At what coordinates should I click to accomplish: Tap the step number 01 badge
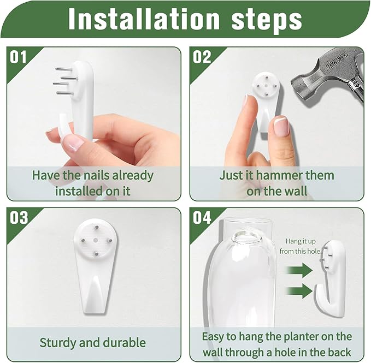tap(19, 57)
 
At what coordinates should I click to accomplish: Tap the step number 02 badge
tap(202, 57)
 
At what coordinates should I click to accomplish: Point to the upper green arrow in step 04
tap(299, 270)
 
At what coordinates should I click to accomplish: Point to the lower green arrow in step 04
tap(299, 290)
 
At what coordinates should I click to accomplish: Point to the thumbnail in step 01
tap(73, 143)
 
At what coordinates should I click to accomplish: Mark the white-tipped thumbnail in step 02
tap(281, 127)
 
